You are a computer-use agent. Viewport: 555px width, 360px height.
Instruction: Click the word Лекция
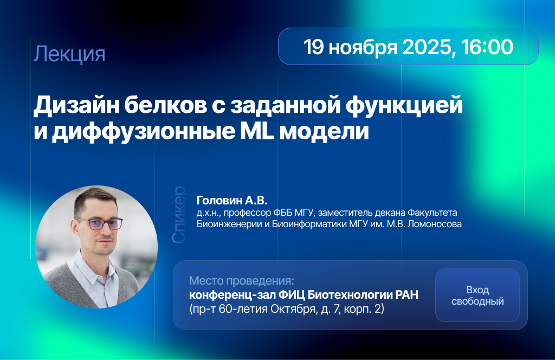pyautogui.click(x=69, y=54)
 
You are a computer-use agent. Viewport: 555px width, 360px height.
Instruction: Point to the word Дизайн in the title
pyautogui.click(x=76, y=106)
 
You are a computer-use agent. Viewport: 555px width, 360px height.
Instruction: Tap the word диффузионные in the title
pyautogui.click(x=143, y=132)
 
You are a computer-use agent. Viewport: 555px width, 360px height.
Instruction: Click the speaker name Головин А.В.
pyautogui.click(x=232, y=201)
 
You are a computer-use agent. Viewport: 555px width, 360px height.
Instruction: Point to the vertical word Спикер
pyautogui.click(x=179, y=215)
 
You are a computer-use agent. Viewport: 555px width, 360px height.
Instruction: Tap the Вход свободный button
pyautogui.click(x=477, y=295)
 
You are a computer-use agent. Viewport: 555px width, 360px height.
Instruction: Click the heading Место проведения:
pyautogui.click(x=242, y=281)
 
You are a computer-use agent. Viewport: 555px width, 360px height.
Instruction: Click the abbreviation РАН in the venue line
pyautogui.click(x=407, y=294)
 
